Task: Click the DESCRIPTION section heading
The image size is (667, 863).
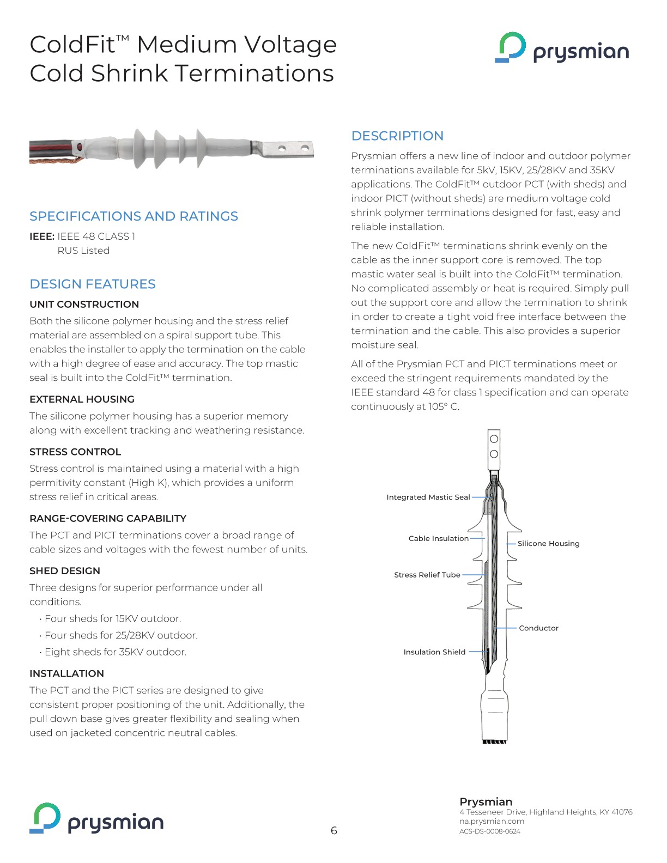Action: [397, 136]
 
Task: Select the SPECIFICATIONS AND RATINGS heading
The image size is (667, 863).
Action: [134, 216]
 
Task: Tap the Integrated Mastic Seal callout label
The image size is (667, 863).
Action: [428, 497]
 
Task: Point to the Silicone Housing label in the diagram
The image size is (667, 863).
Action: [548, 543]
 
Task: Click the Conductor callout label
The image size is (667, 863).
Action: [538, 628]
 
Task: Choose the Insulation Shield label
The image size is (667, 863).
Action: [434, 652]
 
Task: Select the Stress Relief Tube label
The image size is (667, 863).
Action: [427, 575]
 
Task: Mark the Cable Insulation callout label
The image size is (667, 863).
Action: [438, 538]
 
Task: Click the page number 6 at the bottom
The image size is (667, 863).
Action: [333, 830]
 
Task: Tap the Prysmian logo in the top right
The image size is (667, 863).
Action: [562, 48]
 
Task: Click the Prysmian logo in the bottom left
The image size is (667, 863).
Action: [96, 818]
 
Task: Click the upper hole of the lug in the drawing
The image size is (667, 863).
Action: [494, 439]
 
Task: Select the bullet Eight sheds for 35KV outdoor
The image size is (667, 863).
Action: [116, 652]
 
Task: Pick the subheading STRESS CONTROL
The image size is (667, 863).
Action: [75, 452]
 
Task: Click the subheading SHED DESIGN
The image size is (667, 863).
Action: [65, 570]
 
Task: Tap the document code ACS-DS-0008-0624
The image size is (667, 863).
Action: [489, 831]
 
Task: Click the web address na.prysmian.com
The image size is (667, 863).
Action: [492, 821]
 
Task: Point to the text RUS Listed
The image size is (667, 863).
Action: [83, 251]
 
